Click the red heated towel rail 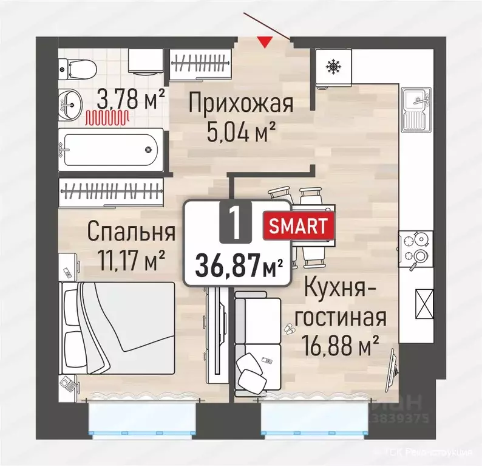coord(106,117)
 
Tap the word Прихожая coord(240,102)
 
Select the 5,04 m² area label coord(241,130)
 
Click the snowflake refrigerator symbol coord(333,66)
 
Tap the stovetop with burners coord(416,250)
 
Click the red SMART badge coord(298,226)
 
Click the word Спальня coord(131,231)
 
